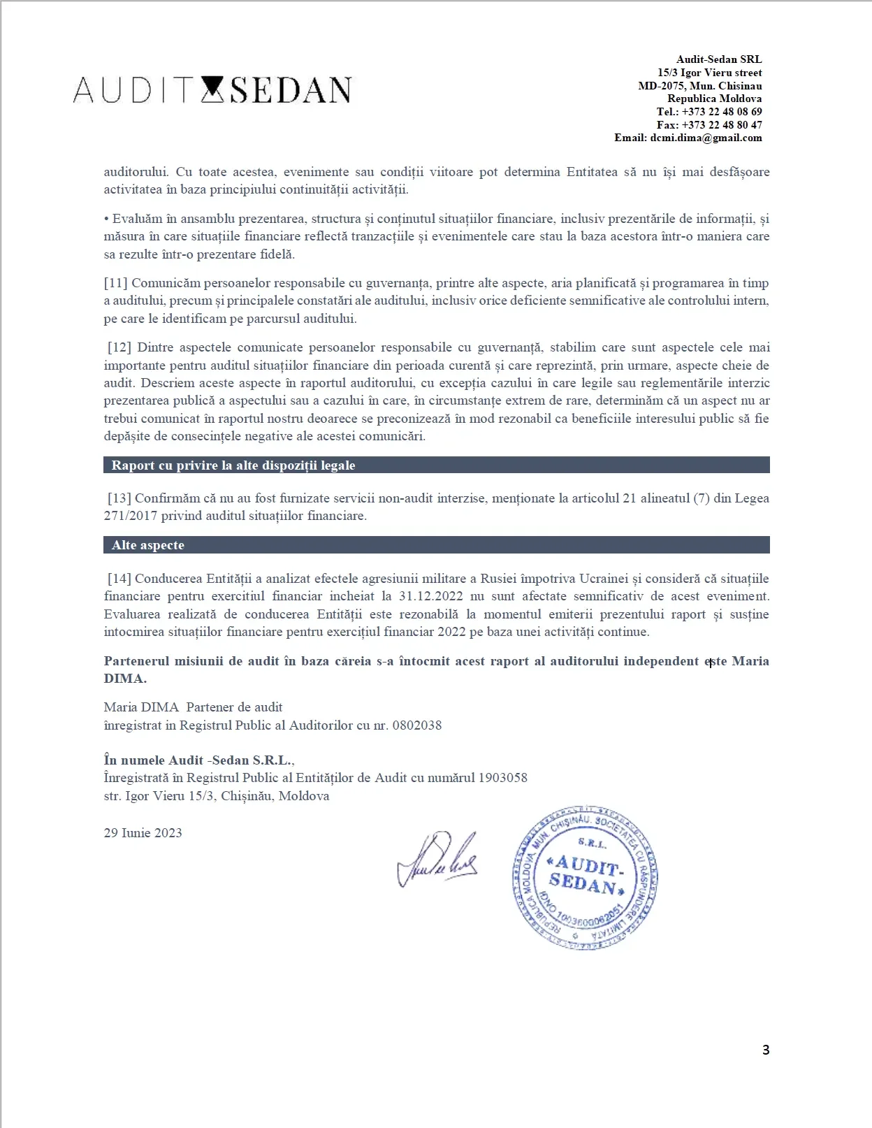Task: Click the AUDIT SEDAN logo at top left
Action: (212, 90)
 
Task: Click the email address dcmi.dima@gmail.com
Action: (706, 138)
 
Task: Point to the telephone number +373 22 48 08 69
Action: (722, 112)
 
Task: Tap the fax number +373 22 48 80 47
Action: (722, 125)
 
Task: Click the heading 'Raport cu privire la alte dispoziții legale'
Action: (233, 465)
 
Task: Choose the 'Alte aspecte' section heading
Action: (148, 545)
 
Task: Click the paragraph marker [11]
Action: (116, 283)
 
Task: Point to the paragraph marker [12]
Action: (119, 347)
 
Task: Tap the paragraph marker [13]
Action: (119, 498)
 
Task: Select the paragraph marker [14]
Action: (119, 579)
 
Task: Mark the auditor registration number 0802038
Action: (417, 725)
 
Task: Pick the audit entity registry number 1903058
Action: (502, 778)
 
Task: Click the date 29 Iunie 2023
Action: (143, 833)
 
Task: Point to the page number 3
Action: (766, 1050)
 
